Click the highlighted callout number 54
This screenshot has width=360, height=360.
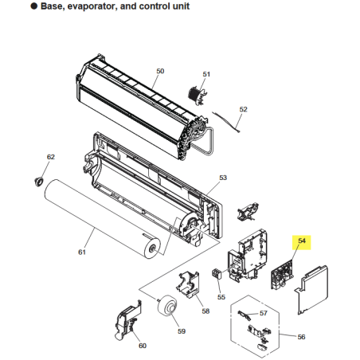pyautogui.click(x=302, y=241)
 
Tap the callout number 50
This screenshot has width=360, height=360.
pyautogui.click(x=160, y=71)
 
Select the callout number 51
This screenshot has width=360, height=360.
pyautogui.click(x=206, y=74)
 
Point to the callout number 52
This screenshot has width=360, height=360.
pyautogui.click(x=243, y=109)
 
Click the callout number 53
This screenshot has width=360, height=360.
pyautogui.click(x=223, y=178)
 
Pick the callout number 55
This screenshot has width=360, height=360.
pyautogui.click(x=221, y=297)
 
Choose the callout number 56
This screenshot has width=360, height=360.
pyautogui.click(x=301, y=337)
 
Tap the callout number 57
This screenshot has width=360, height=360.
pyautogui.click(x=264, y=313)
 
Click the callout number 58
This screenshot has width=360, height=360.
pyautogui.click(x=205, y=311)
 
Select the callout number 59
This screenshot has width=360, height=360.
pyautogui.click(x=182, y=331)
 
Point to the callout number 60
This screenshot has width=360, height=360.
pyautogui.click(x=143, y=346)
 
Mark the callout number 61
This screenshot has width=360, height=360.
pyautogui.click(x=82, y=252)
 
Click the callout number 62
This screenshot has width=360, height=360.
pyautogui.click(x=51, y=157)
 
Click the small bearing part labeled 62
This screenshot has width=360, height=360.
pyautogui.click(x=39, y=181)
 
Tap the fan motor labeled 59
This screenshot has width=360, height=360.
pyautogui.click(x=166, y=306)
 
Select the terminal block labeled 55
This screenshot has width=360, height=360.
pyautogui.click(x=217, y=274)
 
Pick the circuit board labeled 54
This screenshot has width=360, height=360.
pyautogui.click(x=282, y=275)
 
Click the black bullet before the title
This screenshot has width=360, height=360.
pyautogui.click(x=34, y=6)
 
